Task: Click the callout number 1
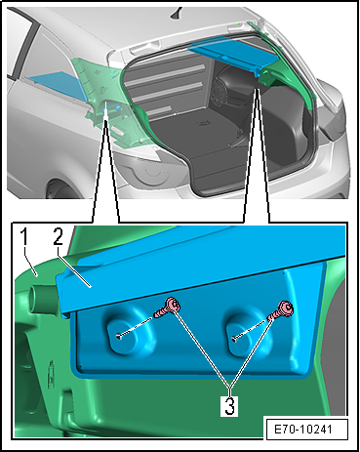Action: pyautogui.click(x=25, y=236)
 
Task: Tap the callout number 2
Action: pyautogui.click(x=58, y=236)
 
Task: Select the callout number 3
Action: pyautogui.click(x=229, y=405)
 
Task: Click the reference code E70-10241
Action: pyautogui.click(x=303, y=429)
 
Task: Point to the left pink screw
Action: pyautogui.click(x=168, y=308)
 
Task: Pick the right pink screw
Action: pyautogui.click(x=281, y=310)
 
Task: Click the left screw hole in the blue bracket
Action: pyautogui.click(x=119, y=337)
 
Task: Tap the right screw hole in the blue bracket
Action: pyautogui.click(x=234, y=340)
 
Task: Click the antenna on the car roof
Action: pyautogui.click(x=178, y=13)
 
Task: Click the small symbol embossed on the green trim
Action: pyautogui.click(x=51, y=374)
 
